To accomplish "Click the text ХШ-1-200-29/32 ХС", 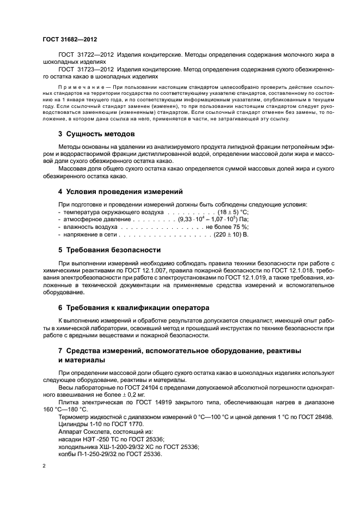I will pyautogui.click(x=126, y=446).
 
